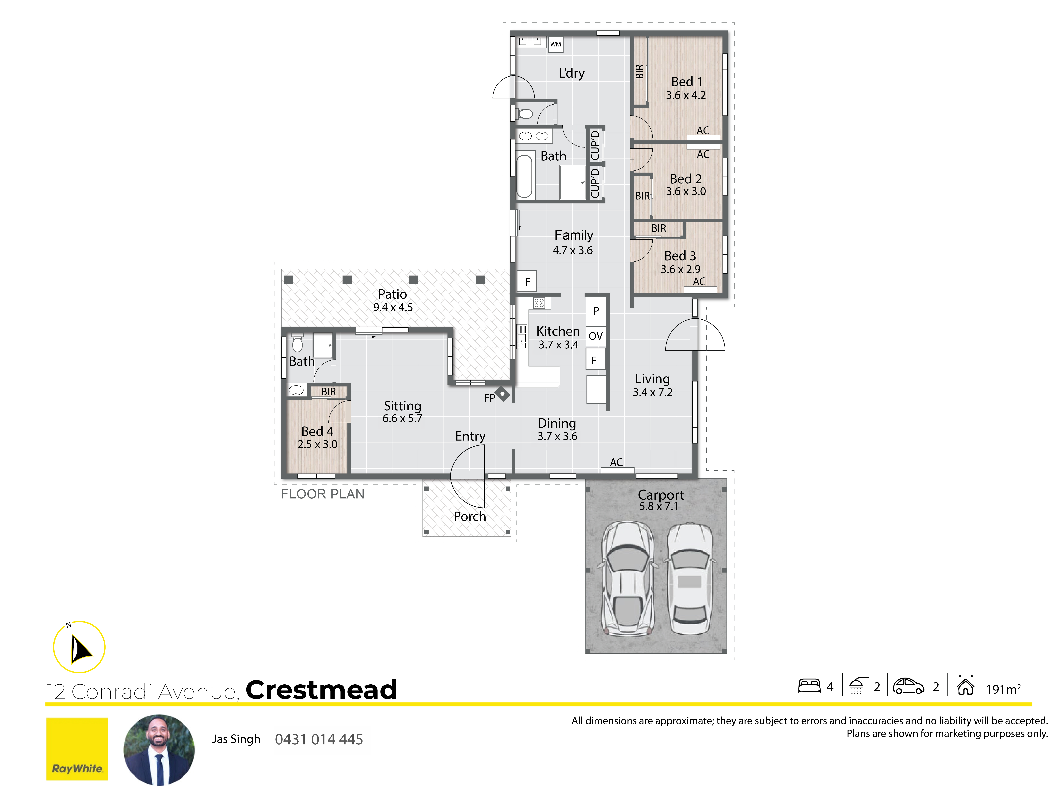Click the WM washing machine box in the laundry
pyautogui.click(x=555, y=44)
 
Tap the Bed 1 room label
pyautogui.click(x=686, y=82)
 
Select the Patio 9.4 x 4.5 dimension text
pyautogui.click(x=393, y=308)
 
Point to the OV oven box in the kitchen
pyautogui.click(x=596, y=336)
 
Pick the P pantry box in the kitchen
pyautogui.click(x=596, y=311)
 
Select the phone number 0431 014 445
pyautogui.click(x=319, y=739)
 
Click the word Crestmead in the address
pyautogui.click(x=321, y=690)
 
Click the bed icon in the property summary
pyautogui.click(x=809, y=686)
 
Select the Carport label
pyautogui.click(x=661, y=495)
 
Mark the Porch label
pyautogui.click(x=469, y=516)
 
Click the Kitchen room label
pyautogui.click(x=558, y=331)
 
